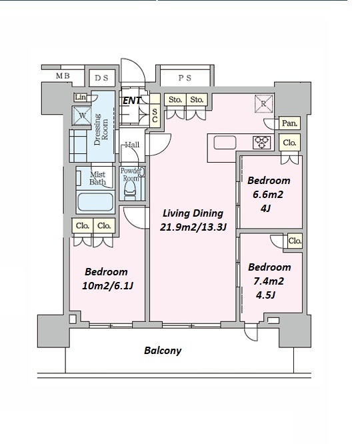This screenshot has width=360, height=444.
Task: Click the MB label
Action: tap(63, 76)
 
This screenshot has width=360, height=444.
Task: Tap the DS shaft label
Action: tap(101, 78)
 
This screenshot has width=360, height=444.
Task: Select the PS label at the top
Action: tap(185, 77)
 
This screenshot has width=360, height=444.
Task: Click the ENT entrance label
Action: tap(131, 101)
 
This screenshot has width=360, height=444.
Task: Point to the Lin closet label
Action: tap(81, 97)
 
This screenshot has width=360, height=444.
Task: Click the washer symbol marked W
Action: tap(82, 115)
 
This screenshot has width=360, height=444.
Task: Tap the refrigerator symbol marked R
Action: tap(264, 103)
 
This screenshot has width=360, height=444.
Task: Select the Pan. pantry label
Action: tap(289, 123)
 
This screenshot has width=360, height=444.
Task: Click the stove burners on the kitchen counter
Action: tap(261, 143)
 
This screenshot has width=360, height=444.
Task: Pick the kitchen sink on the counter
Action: tap(225, 143)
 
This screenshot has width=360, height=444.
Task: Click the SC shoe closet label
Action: tap(155, 116)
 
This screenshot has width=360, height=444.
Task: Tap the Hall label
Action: tap(132, 145)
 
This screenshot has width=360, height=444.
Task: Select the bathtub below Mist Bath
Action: tap(95, 203)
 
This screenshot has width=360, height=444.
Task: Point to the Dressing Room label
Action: tap(101, 129)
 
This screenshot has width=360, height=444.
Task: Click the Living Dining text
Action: tap(193, 213)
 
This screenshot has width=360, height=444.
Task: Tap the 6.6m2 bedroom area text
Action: tap(268, 195)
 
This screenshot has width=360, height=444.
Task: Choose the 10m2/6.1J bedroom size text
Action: tap(107, 286)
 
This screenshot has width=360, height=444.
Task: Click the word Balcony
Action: tap(163, 351)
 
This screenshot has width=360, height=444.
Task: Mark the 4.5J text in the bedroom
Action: tap(265, 295)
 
